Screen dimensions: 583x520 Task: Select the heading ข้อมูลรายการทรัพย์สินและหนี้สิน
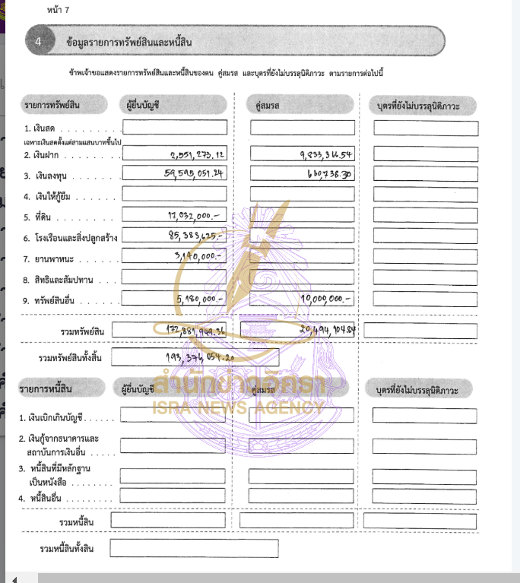tap(126, 43)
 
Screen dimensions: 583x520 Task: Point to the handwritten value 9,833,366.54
tap(328, 155)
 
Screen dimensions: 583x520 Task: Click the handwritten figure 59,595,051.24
tap(195, 174)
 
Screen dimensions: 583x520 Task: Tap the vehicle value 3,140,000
tap(197, 257)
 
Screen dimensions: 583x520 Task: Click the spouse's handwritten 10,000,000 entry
tap(328, 299)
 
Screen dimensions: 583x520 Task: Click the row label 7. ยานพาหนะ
tap(52, 259)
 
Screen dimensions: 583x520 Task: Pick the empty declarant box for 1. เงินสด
tap(174, 128)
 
